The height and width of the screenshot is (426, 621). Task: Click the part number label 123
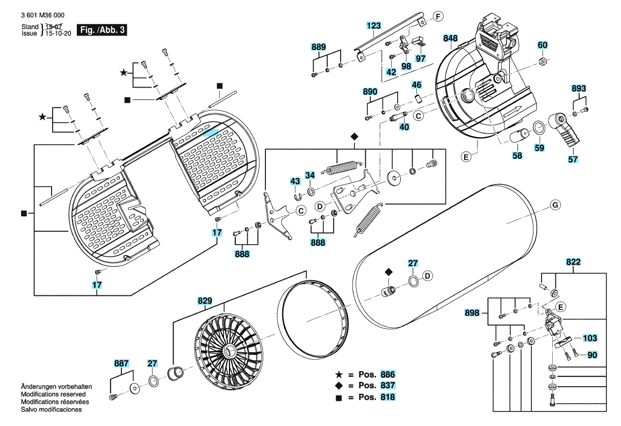tap(373, 26)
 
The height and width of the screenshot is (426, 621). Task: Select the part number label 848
tap(450, 38)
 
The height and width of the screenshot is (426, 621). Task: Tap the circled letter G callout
tap(555, 205)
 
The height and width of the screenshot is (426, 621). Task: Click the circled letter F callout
tap(438, 17)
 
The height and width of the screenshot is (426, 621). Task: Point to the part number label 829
tap(205, 301)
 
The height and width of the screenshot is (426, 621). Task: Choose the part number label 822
tap(573, 262)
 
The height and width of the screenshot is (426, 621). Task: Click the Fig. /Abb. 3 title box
tap(102, 30)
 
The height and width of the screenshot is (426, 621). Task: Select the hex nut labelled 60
tap(543, 61)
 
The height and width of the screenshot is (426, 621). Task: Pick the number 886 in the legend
tap(387, 374)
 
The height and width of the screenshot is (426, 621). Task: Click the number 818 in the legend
tap(387, 397)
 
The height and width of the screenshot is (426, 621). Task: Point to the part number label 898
tap(472, 313)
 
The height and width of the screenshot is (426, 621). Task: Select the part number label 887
tap(121, 363)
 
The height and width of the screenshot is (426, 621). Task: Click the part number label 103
tap(590, 338)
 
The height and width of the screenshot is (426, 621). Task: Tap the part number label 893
tap(579, 88)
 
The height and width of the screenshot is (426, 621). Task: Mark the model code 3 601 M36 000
tap(43, 15)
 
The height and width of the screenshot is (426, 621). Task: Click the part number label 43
tap(295, 181)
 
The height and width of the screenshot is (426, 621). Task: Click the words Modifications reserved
tap(53, 394)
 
